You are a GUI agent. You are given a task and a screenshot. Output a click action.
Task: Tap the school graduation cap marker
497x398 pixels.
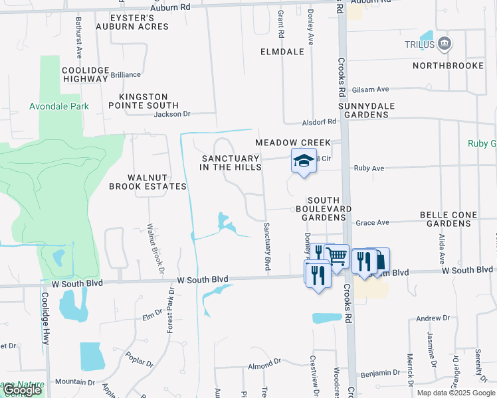point(304,161)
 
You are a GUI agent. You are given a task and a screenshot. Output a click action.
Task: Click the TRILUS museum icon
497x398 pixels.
point(445,44)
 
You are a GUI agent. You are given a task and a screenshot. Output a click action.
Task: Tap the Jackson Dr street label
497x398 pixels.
point(172,114)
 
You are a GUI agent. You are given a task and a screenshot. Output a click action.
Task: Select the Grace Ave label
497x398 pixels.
point(372,223)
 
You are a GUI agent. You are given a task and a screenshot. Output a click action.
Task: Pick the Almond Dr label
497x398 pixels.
point(264,365)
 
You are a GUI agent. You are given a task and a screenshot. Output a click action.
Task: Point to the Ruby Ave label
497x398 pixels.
point(369,168)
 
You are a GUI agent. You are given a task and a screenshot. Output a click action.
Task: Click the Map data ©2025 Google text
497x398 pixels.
point(456,393)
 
